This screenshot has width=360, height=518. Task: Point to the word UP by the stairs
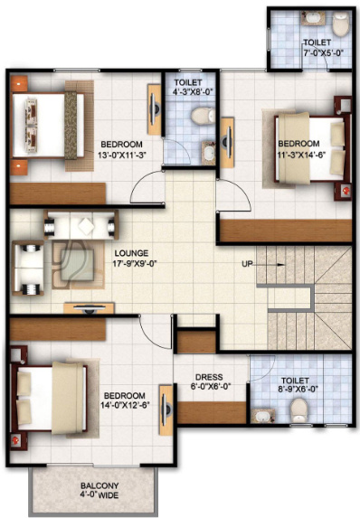(247, 264)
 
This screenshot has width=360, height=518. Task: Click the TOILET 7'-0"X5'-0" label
(317, 48)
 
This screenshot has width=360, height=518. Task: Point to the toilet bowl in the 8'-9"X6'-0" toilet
(299, 411)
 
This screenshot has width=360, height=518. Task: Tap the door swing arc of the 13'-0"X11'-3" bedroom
(145, 188)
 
